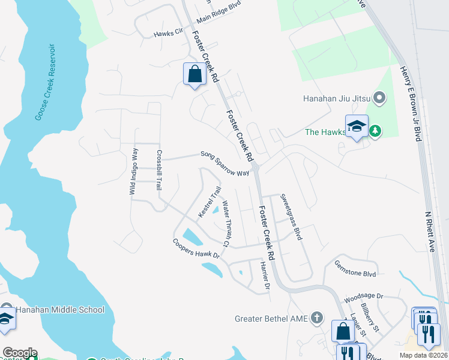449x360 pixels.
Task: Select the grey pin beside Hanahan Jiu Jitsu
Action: click(379, 97)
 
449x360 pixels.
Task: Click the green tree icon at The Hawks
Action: click(375, 131)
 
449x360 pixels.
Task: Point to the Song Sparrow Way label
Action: click(224, 164)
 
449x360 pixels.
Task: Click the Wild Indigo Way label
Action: click(134, 172)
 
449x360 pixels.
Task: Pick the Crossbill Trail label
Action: click(160, 170)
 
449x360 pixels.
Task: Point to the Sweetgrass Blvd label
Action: click(291, 217)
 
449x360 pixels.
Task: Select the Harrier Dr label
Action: click(264, 274)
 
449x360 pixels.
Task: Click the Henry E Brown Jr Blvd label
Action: click(409, 104)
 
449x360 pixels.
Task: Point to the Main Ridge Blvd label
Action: click(218, 19)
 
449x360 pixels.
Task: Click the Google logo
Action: click(19, 353)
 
